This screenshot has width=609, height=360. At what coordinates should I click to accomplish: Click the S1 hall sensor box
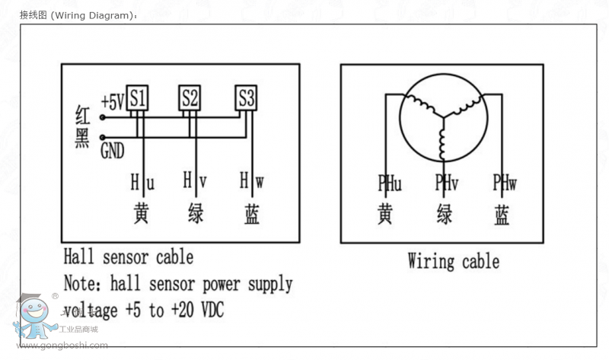click(137, 97)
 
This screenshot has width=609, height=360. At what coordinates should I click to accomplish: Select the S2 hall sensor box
click(190, 97)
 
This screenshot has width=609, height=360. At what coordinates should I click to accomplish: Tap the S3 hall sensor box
click(246, 97)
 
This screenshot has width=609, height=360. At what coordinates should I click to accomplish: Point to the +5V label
click(113, 100)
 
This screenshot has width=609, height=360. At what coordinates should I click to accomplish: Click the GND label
click(112, 151)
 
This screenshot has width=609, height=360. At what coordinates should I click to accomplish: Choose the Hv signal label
click(194, 182)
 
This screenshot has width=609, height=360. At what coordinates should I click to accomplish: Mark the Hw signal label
click(251, 182)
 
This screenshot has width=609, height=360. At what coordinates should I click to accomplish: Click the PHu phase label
click(390, 183)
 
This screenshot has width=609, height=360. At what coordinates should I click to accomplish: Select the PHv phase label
click(446, 183)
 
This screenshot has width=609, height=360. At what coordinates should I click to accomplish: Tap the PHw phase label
click(504, 183)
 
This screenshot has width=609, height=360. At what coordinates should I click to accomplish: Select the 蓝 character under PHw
click(502, 215)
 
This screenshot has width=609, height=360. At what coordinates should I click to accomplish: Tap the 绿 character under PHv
click(445, 215)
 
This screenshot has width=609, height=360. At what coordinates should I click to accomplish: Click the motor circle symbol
click(442, 119)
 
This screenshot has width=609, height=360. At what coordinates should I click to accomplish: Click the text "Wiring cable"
click(453, 262)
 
